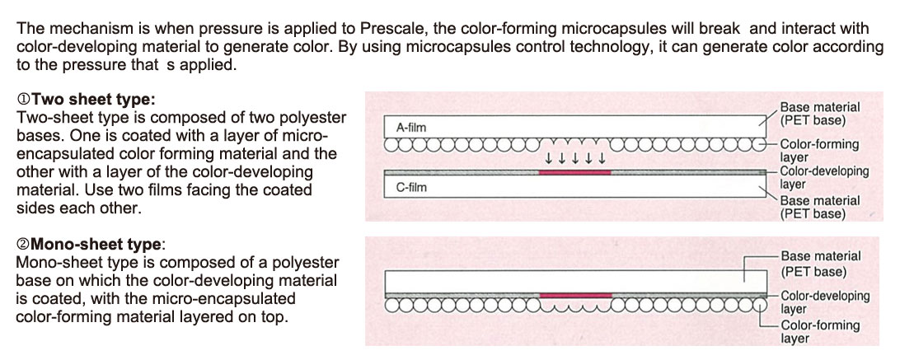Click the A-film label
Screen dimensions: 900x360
pyautogui.click(x=411, y=128)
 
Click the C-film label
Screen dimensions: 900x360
pyautogui.click(x=411, y=187)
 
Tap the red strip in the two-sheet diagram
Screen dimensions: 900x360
pyautogui.click(x=574, y=171)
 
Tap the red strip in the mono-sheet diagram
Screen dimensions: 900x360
pyautogui.click(x=576, y=295)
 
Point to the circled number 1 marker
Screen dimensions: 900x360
pyautogui.click(x=24, y=100)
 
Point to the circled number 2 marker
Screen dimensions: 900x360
pyautogui.click(x=24, y=245)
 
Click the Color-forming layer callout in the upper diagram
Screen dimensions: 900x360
pyautogui.click(x=818, y=151)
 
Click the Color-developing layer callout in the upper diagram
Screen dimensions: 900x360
pyautogui.click(x=824, y=177)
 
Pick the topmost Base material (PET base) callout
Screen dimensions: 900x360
pyautogui.click(x=819, y=114)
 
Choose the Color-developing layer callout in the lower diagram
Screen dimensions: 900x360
pyautogui.click(x=825, y=302)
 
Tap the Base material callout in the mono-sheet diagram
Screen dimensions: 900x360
pyautogui.click(x=821, y=264)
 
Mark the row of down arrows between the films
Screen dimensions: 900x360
pyautogui.click(x=574, y=158)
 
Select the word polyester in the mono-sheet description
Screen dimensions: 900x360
pyautogui.click(x=309, y=263)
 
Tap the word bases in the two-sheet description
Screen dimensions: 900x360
pyautogui.click(x=38, y=136)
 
